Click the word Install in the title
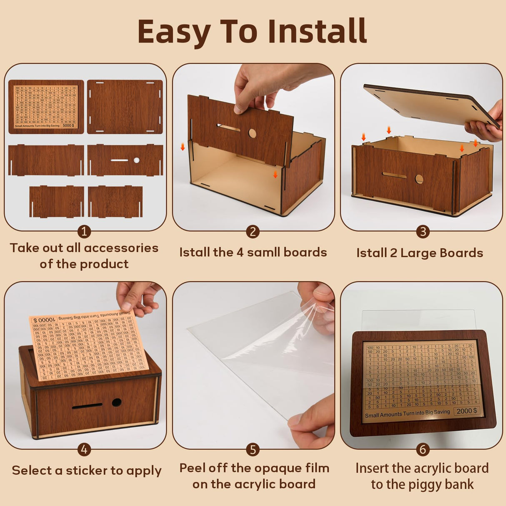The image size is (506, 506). click(x=317, y=31)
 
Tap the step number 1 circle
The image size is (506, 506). click(x=84, y=232)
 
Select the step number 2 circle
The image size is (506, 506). click(x=253, y=232)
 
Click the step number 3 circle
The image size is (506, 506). click(x=423, y=232)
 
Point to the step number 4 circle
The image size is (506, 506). click(x=84, y=449)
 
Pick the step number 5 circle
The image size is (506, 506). click(x=253, y=450)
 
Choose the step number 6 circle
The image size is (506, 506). click(x=423, y=449)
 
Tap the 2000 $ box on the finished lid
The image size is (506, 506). click(x=466, y=411)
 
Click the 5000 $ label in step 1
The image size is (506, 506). click(x=68, y=125)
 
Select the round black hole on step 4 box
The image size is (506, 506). click(x=117, y=403)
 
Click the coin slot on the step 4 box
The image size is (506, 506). click(x=87, y=406)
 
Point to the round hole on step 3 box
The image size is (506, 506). click(x=419, y=179)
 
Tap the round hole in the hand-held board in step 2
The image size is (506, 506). click(x=252, y=133)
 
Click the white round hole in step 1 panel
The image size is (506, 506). click(x=136, y=160)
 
